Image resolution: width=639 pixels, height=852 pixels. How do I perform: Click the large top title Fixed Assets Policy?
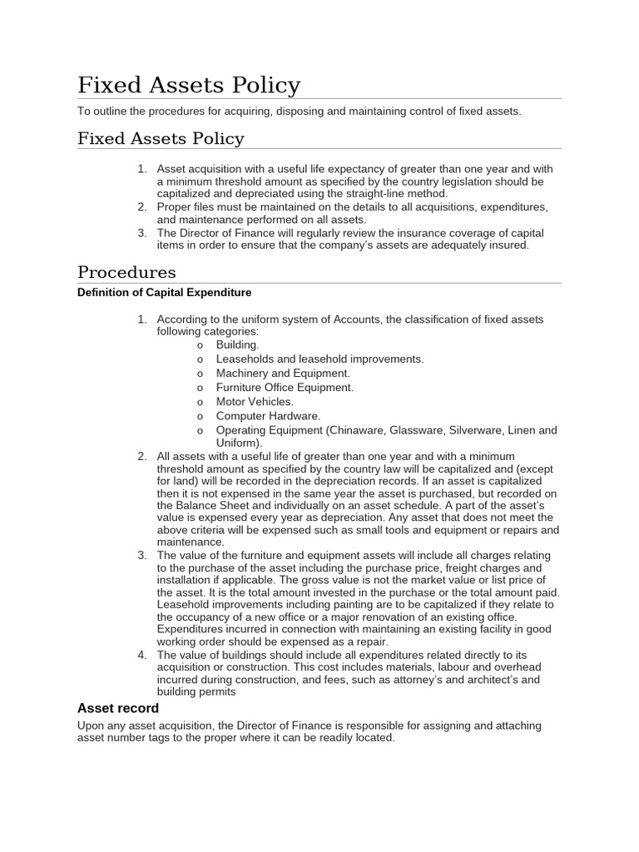tap(189, 86)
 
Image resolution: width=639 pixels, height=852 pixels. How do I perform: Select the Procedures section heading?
tap(126, 272)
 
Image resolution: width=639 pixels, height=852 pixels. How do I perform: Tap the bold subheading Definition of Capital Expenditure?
tap(164, 293)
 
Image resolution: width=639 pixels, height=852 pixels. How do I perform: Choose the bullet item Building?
tap(237, 344)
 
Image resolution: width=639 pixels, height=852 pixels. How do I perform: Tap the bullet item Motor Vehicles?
tap(255, 401)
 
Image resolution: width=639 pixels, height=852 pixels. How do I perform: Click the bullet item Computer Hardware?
tap(268, 416)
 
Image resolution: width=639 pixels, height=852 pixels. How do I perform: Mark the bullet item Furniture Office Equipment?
tap(285, 387)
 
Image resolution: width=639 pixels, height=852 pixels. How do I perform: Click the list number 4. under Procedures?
tap(141, 655)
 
